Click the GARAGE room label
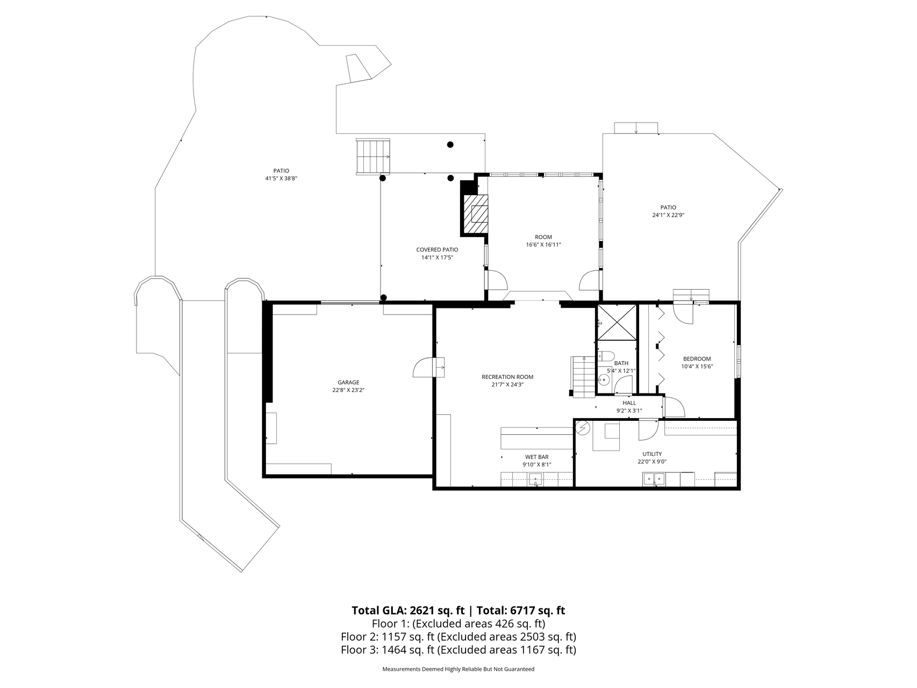tap(348, 383)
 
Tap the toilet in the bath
tap(606, 356)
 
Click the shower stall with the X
tap(617, 322)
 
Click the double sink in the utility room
tap(654, 478)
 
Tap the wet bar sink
tap(535, 478)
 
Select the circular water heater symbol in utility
tap(583, 428)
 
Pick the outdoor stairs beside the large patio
tap(372, 156)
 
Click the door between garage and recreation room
tap(428, 368)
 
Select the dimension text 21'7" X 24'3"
tap(507, 384)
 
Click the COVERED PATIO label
tap(437, 250)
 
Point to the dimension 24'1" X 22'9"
tap(668, 215)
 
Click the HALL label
tap(629, 403)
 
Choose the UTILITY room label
tap(652, 454)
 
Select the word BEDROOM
tap(697, 359)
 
